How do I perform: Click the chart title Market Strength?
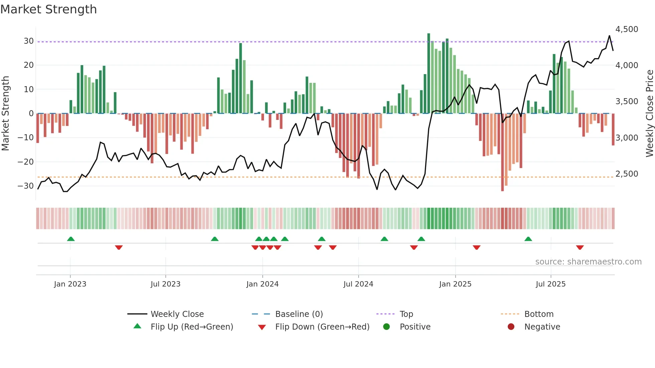(x=48, y=9)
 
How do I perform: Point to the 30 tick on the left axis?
(x=28, y=41)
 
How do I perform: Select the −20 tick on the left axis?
(x=26, y=162)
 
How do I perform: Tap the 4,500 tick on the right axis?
(x=627, y=29)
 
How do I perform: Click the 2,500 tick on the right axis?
(x=627, y=174)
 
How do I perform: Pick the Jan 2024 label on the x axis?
(x=262, y=284)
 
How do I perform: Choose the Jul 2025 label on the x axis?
(x=550, y=284)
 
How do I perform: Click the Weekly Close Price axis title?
(x=649, y=114)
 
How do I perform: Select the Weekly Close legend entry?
(x=177, y=314)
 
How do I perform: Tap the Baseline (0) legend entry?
(x=299, y=314)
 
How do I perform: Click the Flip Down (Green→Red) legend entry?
(x=322, y=327)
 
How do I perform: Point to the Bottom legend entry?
(x=539, y=314)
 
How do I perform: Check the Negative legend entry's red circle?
(x=511, y=327)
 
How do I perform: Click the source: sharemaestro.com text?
(x=588, y=262)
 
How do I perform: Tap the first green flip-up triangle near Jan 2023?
(x=71, y=239)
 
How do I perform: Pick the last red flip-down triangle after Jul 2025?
(x=580, y=247)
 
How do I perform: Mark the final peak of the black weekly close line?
(x=609, y=36)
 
